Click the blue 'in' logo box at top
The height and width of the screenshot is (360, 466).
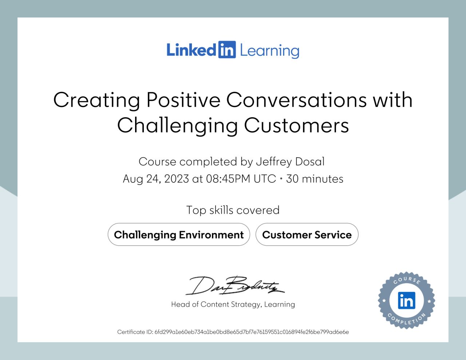click(x=227, y=50)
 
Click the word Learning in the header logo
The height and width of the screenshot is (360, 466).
click(x=269, y=51)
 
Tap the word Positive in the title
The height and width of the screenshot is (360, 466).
click(x=183, y=100)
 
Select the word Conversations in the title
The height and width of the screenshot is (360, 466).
click(x=296, y=100)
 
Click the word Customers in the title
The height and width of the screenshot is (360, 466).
click(x=296, y=125)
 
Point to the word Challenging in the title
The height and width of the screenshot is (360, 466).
click(x=177, y=126)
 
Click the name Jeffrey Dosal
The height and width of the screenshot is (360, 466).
click(x=290, y=162)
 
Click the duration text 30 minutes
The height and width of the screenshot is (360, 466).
click(x=315, y=179)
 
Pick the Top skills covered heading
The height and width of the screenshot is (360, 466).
click(x=233, y=210)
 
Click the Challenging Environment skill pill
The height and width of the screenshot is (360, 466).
click(x=179, y=235)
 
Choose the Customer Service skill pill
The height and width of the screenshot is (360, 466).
click(x=307, y=235)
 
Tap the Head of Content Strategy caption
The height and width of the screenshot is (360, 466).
click(x=233, y=304)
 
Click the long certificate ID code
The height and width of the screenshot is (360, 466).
click(x=252, y=332)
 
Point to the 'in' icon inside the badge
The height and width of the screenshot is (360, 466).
click(x=407, y=301)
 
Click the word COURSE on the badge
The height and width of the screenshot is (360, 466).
click(x=407, y=280)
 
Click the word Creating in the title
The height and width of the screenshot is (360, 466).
click(x=96, y=100)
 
